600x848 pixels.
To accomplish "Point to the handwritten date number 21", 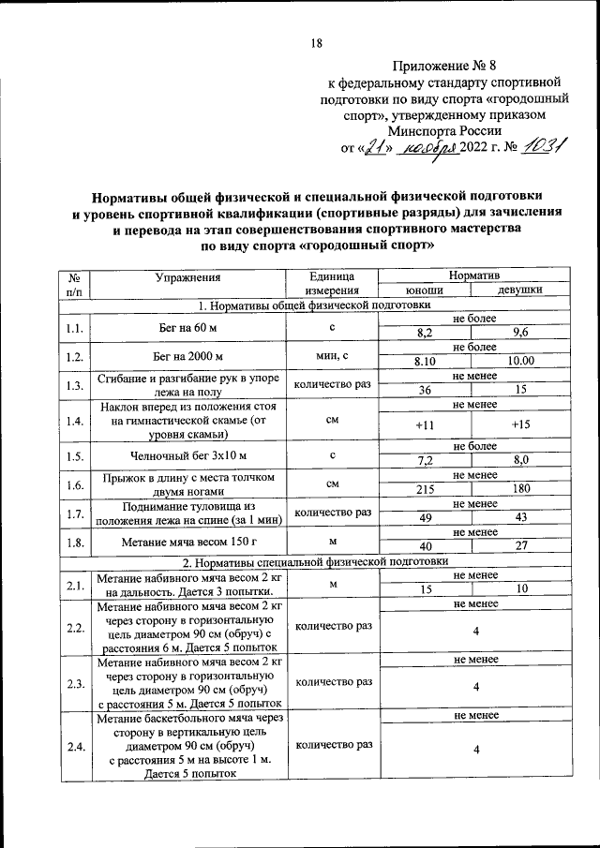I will (x=375, y=148).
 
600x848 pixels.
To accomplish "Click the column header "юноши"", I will (x=424, y=290).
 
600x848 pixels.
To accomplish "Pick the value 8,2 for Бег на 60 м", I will (x=424, y=333).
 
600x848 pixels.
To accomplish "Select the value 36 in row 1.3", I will (x=424, y=390).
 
